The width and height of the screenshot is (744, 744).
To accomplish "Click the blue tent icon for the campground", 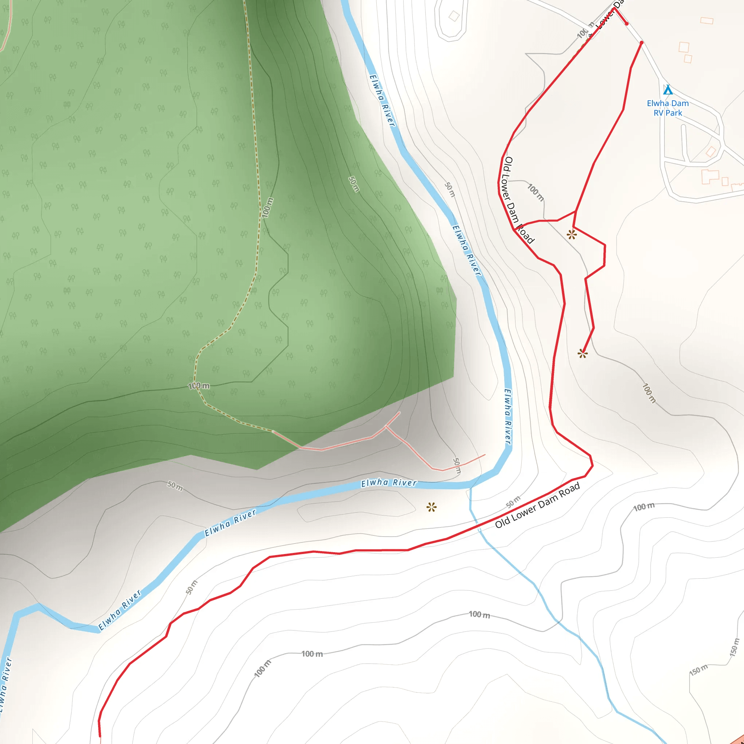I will pyautogui.click(x=668, y=90).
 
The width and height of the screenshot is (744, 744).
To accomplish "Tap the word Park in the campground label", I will pyautogui.click(x=674, y=113).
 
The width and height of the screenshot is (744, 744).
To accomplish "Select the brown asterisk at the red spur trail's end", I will pyautogui.click(x=582, y=353).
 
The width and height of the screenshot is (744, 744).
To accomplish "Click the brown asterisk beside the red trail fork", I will pyautogui.click(x=571, y=234).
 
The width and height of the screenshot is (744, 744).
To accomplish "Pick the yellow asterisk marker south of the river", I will pyautogui.click(x=431, y=507).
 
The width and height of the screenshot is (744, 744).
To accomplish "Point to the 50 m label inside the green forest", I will pyautogui.click(x=353, y=184).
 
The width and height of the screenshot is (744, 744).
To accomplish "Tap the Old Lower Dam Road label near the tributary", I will pyautogui.click(x=537, y=505).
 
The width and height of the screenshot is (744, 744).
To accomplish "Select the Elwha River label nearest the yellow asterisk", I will pyautogui.click(x=389, y=483).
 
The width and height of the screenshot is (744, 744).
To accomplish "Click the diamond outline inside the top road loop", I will pyautogui.click(x=454, y=16).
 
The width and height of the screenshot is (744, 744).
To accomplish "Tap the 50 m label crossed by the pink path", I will pyautogui.click(x=457, y=466).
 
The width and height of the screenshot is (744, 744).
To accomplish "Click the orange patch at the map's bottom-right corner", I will pyautogui.click(x=739, y=739).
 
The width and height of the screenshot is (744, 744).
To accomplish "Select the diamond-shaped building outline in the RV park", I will pyautogui.click(x=711, y=151).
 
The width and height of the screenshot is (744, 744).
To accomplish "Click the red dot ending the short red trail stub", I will pyautogui.click(x=627, y=24).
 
